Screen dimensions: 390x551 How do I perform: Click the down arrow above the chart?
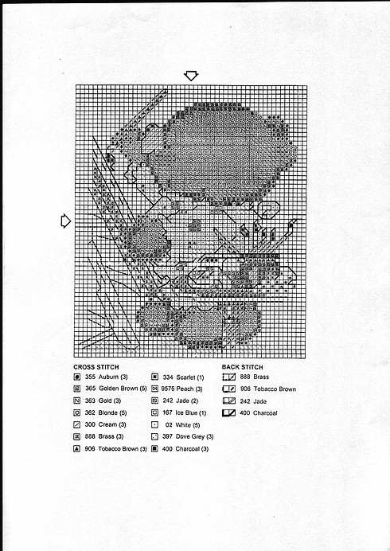(191, 75)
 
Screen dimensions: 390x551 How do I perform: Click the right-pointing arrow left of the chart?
(66, 221)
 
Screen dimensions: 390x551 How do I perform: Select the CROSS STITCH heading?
(98, 366)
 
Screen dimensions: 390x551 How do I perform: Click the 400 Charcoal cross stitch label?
(188, 449)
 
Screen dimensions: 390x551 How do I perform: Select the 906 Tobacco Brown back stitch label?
(267, 389)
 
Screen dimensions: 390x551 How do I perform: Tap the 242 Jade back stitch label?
(252, 401)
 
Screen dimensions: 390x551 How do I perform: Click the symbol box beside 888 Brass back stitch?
(228, 377)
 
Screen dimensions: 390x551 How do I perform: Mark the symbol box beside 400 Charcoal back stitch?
(228, 413)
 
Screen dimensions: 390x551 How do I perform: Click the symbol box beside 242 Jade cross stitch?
(154, 401)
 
